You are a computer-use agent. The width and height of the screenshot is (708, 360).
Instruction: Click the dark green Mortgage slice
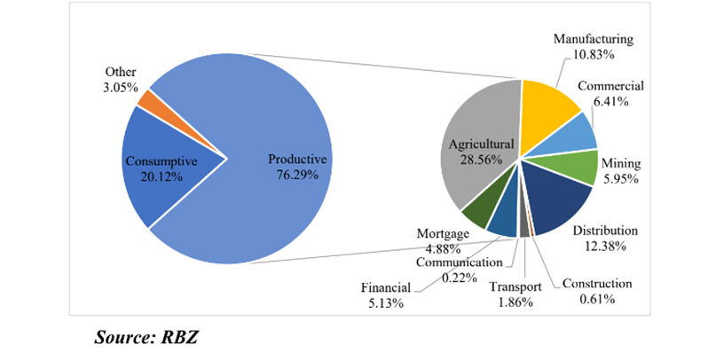tap(479, 213)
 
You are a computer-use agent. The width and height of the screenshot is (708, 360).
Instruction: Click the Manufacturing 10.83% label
tap(594, 47)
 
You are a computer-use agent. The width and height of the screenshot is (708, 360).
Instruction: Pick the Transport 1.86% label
tap(515, 293)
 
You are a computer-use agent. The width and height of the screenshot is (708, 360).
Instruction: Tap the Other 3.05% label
tap(120, 78)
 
